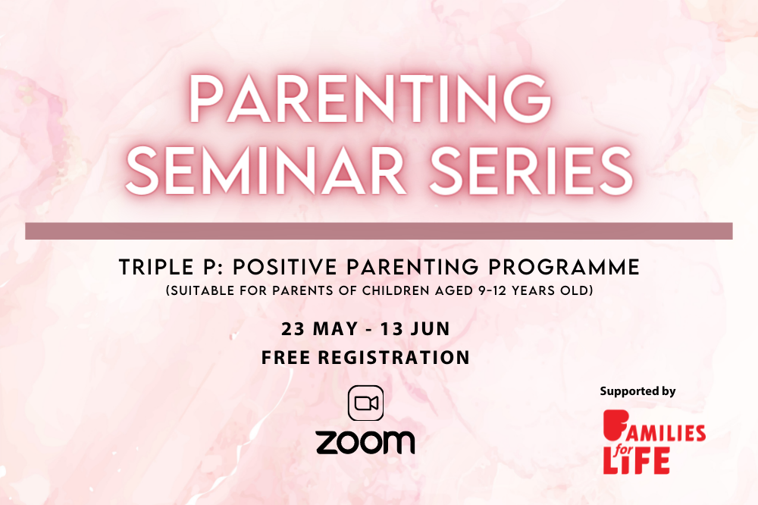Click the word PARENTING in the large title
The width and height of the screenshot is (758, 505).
click(371, 99)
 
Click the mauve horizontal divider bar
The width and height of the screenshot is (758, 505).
click(379, 231)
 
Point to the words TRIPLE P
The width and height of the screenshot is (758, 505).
click(170, 267)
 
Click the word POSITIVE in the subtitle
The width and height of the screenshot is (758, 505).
click(285, 267)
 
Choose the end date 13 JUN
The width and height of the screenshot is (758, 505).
click(415, 329)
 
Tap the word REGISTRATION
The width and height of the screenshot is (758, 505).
click(394, 357)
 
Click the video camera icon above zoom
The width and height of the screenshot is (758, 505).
click(366, 403)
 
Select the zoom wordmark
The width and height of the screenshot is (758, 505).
click(365, 442)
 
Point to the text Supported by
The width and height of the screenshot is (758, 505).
click(637, 391)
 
